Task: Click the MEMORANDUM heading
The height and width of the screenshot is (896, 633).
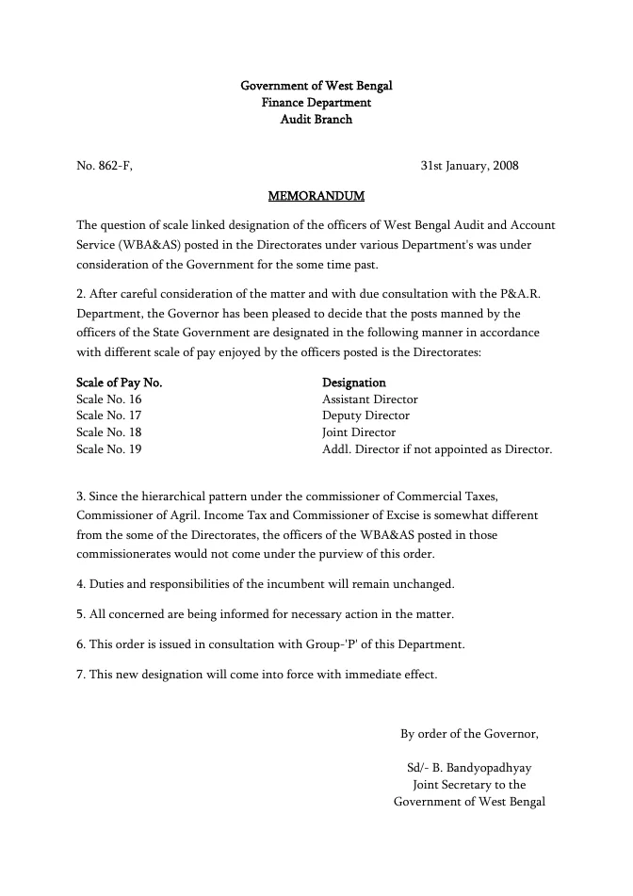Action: (x=316, y=197)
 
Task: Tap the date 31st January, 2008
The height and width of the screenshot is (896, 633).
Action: (x=469, y=167)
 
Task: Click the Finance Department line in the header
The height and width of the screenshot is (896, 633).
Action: (x=316, y=103)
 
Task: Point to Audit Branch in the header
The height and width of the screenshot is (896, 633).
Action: (x=316, y=120)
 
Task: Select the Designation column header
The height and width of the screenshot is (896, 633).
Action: (x=354, y=383)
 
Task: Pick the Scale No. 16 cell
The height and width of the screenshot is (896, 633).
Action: (x=108, y=399)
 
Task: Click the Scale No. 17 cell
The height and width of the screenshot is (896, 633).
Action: (x=108, y=415)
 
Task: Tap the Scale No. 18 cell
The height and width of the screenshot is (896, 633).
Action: (x=108, y=432)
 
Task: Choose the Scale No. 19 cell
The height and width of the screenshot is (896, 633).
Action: (x=108, y=449)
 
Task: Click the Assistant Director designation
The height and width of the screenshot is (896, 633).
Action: (x=370, y=399)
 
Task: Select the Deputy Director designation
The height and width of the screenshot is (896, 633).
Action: (x=365, y=415)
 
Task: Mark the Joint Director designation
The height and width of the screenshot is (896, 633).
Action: (x=359, y=432)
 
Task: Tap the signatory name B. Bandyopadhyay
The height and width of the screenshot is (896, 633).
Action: (x=476, y=768)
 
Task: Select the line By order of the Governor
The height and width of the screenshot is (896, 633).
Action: (x=469, y=734)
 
